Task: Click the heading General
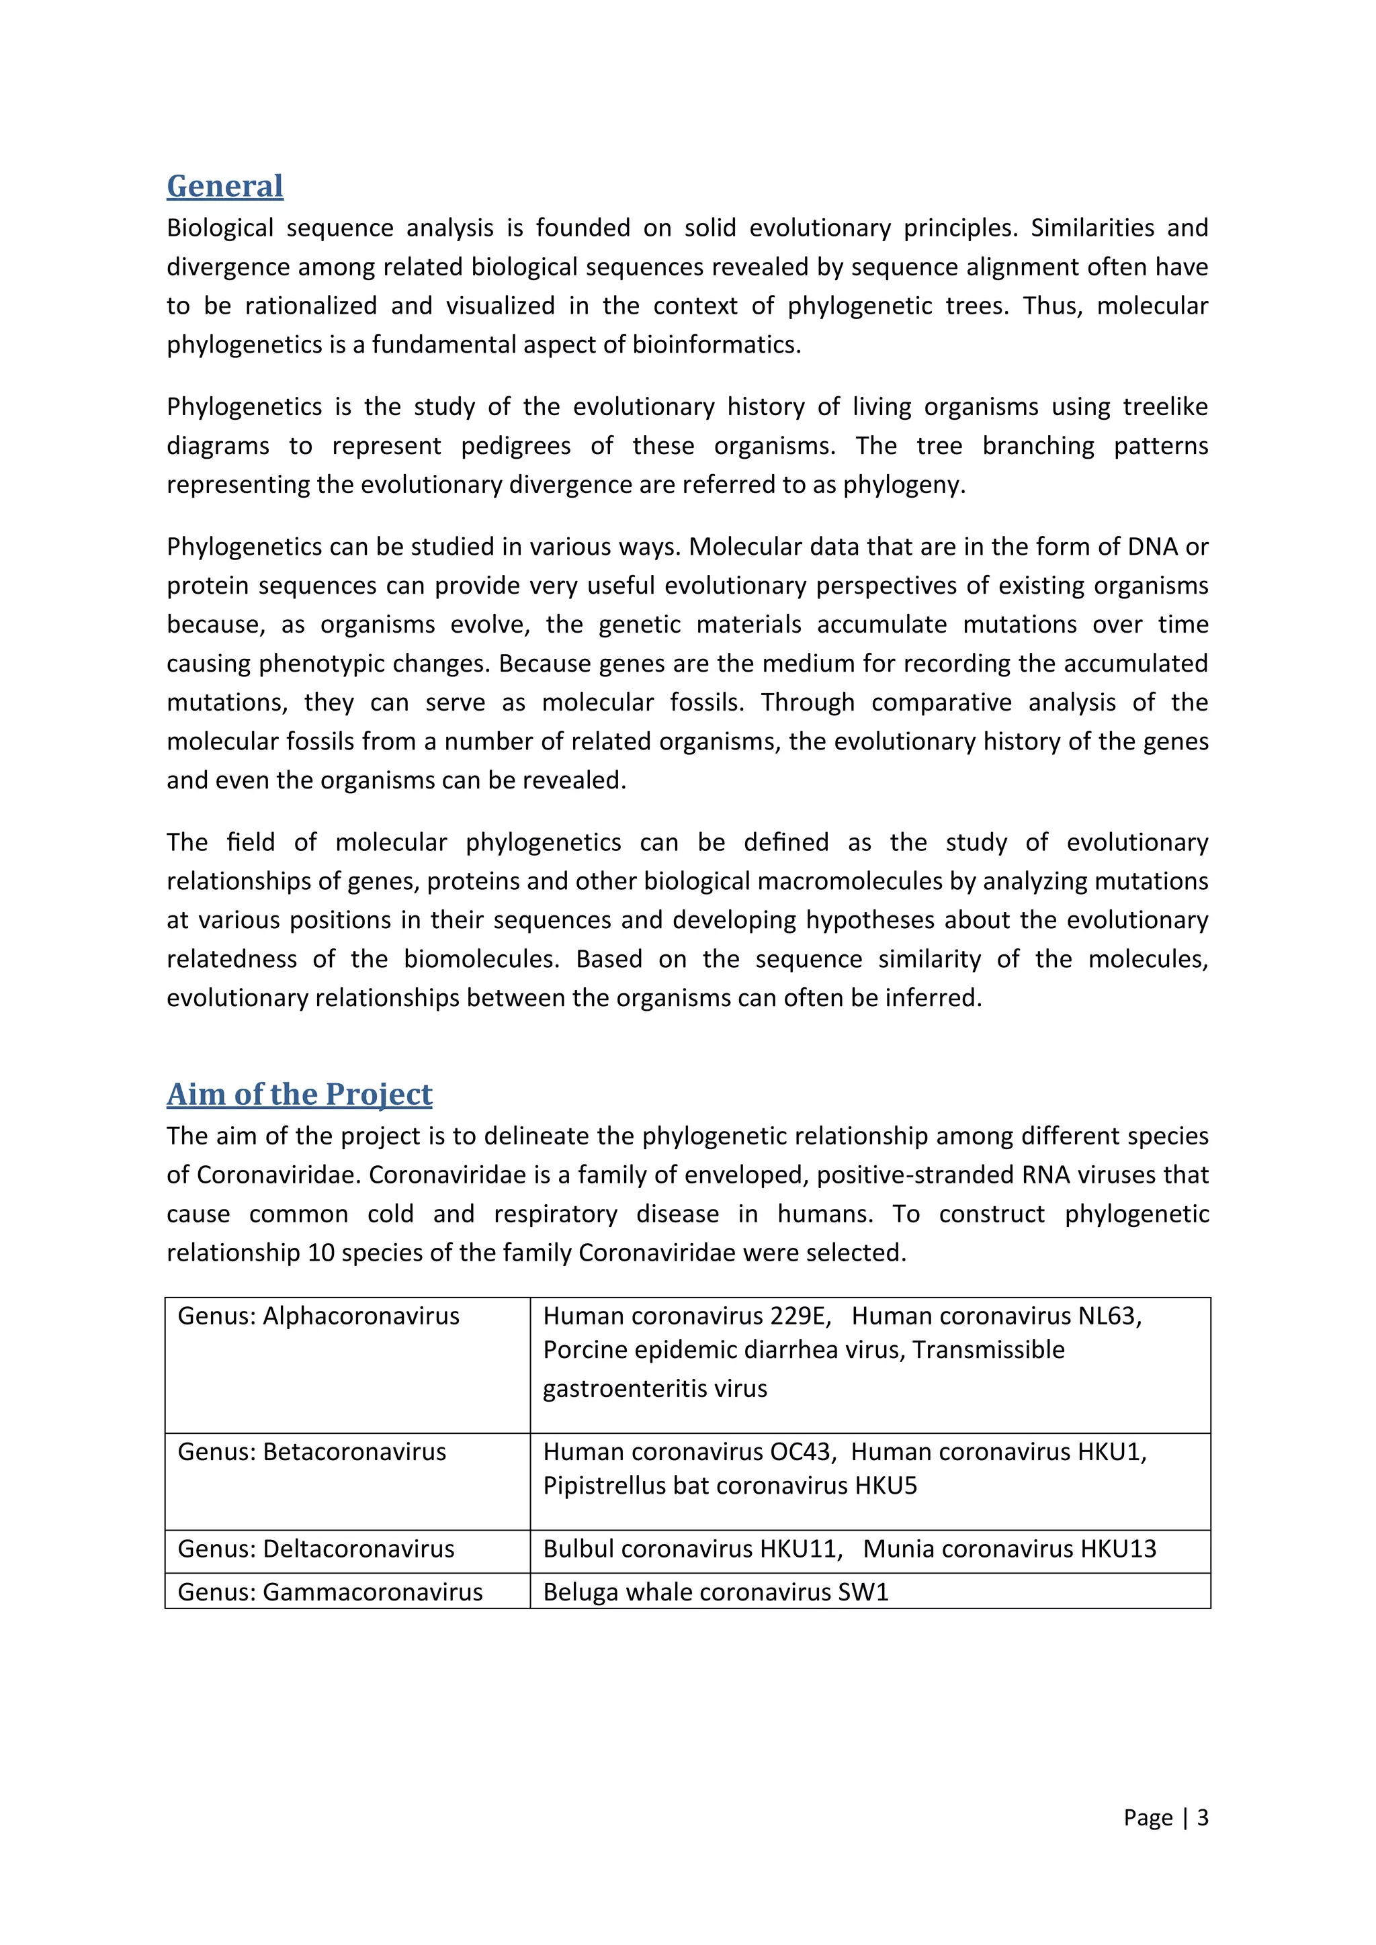224,186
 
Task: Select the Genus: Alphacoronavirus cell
318,1316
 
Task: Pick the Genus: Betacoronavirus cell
312,1451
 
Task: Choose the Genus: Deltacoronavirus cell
316,1549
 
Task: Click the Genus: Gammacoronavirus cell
330,1592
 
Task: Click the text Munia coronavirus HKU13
1009,1549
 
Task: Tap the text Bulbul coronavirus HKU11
691,1549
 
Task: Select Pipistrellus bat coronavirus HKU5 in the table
730,1485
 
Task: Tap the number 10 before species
321,1252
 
